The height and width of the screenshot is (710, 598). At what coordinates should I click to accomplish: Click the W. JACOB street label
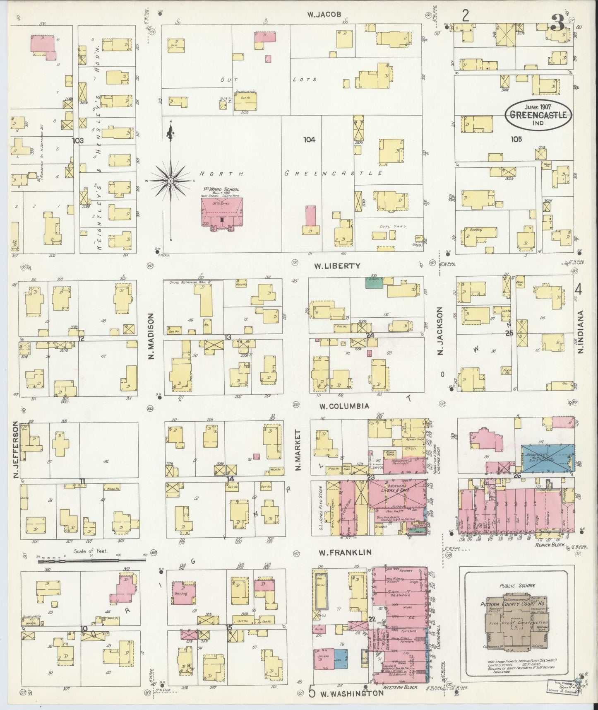point(324,14)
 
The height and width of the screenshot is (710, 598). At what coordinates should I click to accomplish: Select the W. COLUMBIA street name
point(343,406)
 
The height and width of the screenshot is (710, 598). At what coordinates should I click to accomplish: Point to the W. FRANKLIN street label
point(345,552)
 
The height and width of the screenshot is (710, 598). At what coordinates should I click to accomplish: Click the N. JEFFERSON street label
point(15,450)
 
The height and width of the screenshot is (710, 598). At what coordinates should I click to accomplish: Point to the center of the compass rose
point(170,181)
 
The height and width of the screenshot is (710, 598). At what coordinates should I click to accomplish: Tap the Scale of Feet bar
point(91,560)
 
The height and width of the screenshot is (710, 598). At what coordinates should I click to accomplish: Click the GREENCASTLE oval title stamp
point(538,115)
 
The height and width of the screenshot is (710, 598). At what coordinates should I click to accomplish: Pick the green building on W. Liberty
point(374,283)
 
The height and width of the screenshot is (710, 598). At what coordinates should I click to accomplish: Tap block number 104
point(309,140)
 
